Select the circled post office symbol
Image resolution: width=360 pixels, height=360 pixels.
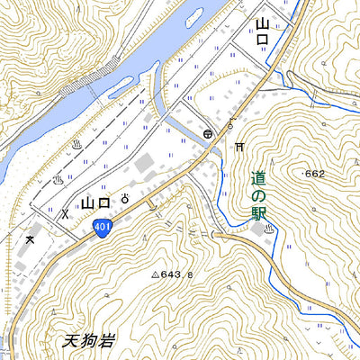(208, 133)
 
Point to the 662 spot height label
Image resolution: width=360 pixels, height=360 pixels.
(315, 174)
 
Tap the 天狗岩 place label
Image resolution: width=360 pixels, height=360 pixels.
(90, 341)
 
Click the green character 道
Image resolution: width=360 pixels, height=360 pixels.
(259, 180)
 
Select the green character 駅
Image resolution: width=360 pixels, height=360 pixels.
(259, 213)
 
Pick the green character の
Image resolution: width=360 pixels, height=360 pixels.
(259, 197)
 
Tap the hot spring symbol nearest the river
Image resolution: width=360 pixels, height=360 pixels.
(77, 143)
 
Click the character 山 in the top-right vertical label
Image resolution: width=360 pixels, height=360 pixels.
(263, 24)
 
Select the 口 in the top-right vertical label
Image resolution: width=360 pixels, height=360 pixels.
(263, 45)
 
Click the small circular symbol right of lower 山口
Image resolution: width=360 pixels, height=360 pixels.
(124, 197)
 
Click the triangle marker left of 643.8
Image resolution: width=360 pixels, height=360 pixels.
(155, 274)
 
